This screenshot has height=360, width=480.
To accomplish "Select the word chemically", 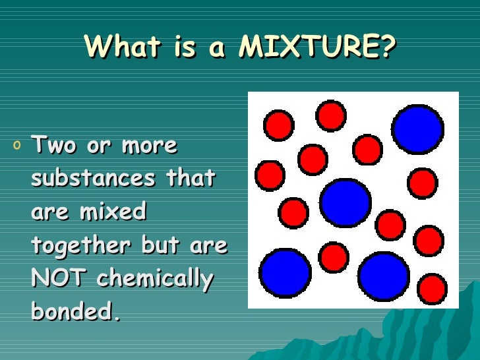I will (x=155, y=279).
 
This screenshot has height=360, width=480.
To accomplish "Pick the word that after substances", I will (x=190, y=178).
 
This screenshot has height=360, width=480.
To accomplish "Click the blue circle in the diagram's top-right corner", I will (x=417, y=129).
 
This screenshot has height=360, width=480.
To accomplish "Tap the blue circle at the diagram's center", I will (x=345, y=202).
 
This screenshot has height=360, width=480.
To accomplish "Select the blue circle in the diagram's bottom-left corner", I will (x=285, y=272).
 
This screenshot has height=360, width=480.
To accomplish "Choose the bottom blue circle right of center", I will (x=384, y=276).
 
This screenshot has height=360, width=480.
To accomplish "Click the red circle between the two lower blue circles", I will (x=334, y=257).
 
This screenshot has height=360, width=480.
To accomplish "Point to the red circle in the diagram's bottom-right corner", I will (x=433, y=289).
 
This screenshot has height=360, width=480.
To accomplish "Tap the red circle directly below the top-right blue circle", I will (x=422, y=183).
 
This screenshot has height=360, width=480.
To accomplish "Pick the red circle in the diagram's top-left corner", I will (x=279, y=124).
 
